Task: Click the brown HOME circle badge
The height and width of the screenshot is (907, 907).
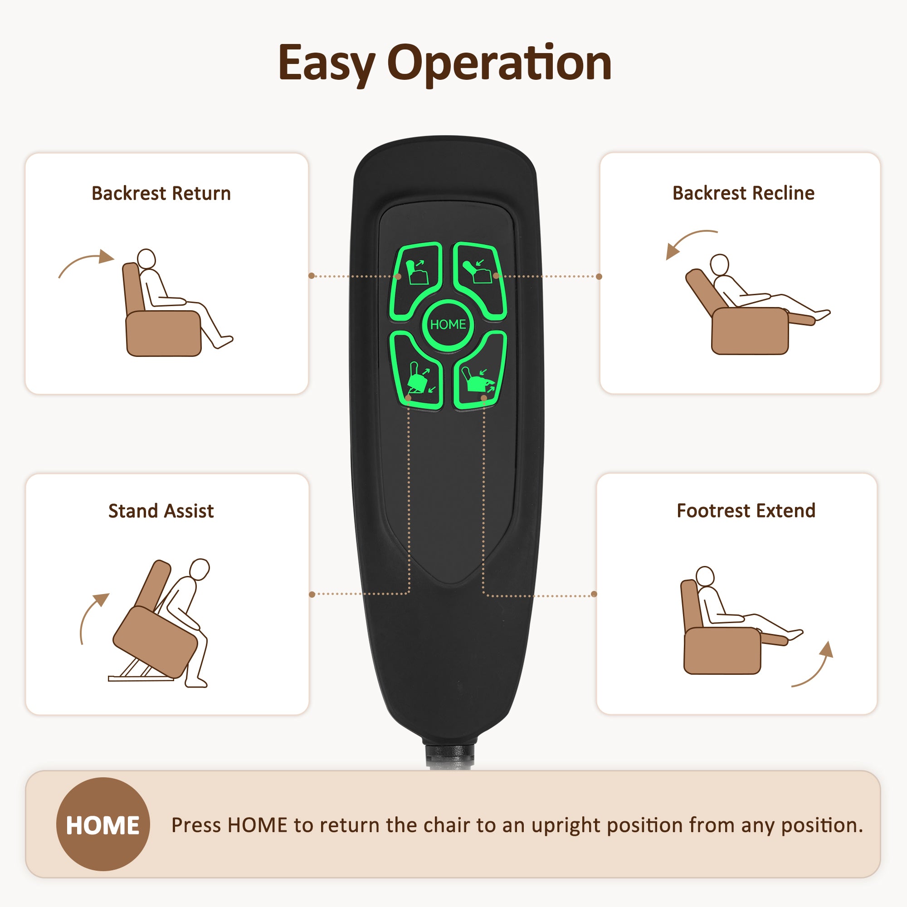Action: pos(103,824)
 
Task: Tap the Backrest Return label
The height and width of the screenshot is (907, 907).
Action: pos(161,194)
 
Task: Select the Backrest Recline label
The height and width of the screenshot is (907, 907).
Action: pos(743,193)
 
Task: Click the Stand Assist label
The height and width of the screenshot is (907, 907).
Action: pos(161,511)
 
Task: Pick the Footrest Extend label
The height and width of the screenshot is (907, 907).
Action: pos(746,510)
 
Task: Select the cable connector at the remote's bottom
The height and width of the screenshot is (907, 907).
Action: pos(449,753)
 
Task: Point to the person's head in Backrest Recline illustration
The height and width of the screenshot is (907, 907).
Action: pos(719,265)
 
